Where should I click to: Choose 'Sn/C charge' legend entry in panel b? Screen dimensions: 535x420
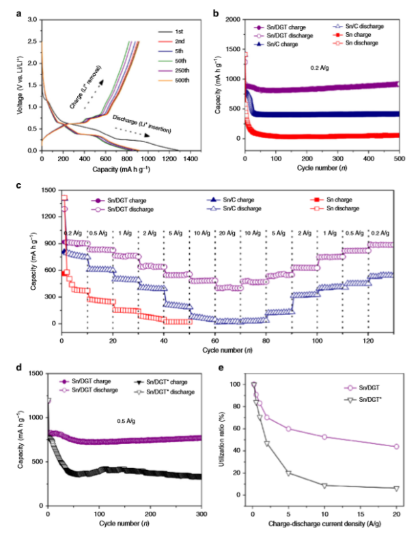pyautogui.click(x=283, y=44)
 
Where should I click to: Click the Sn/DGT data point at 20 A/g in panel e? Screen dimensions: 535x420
pyautogui.click(x=396, y=446)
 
